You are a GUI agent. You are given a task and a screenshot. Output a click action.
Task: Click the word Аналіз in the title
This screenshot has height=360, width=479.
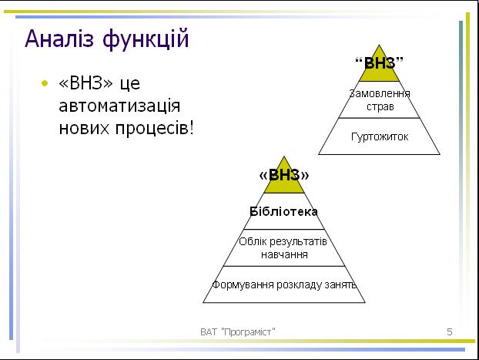click(59, 39)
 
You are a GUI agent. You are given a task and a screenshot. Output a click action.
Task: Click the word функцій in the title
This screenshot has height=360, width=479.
click(146, 40)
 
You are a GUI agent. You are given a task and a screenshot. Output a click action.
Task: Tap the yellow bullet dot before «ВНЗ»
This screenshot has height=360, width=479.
click(45, 83)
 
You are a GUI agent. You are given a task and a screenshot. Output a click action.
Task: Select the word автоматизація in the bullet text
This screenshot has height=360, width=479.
click(119, 106)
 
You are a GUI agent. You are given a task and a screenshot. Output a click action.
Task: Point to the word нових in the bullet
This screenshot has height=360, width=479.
click(84, 128)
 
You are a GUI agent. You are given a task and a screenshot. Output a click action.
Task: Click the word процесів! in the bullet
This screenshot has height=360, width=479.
click(154, 129)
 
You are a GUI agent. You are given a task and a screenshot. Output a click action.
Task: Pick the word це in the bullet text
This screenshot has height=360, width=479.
click(130, 84)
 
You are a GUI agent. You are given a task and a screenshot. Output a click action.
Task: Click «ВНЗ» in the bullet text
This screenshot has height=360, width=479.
click(85, 83)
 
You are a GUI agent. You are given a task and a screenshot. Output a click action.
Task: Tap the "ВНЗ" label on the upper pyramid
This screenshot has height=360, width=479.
click(379, 63)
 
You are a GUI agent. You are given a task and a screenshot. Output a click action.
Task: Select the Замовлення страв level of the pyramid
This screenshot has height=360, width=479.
click(380, 99)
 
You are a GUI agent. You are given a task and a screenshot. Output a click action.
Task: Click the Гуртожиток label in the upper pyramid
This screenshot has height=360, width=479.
click(380, 136)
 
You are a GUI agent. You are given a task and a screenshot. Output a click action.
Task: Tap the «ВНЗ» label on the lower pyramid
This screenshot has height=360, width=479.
click(284, 175)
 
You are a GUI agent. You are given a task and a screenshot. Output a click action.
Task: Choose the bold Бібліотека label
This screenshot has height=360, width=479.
click(284, 211)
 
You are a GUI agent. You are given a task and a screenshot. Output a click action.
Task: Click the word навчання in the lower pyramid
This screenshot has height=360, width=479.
click(284, 254)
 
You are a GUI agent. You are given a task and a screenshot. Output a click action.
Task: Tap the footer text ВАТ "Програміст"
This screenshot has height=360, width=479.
click(238, 331)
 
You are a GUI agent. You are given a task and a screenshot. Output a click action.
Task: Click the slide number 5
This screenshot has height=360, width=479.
click(450, 331)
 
